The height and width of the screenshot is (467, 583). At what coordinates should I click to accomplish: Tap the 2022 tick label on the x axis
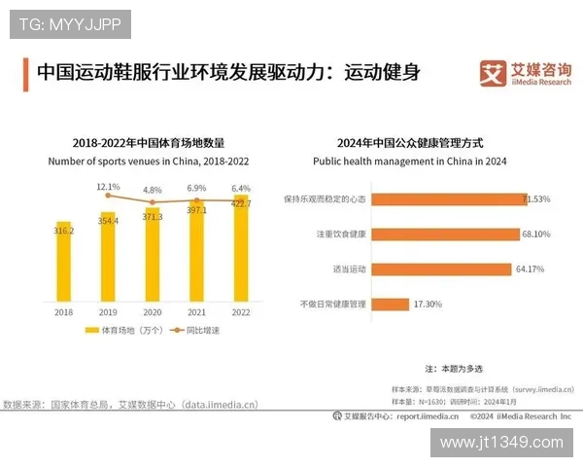point(240,312)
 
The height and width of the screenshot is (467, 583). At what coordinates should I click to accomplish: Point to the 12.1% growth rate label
point(108,187)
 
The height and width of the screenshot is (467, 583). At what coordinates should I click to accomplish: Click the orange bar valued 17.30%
point(391,304)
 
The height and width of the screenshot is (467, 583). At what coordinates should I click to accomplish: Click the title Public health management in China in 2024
point(409,160)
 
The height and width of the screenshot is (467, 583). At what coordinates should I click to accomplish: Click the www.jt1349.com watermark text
point(500,443)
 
